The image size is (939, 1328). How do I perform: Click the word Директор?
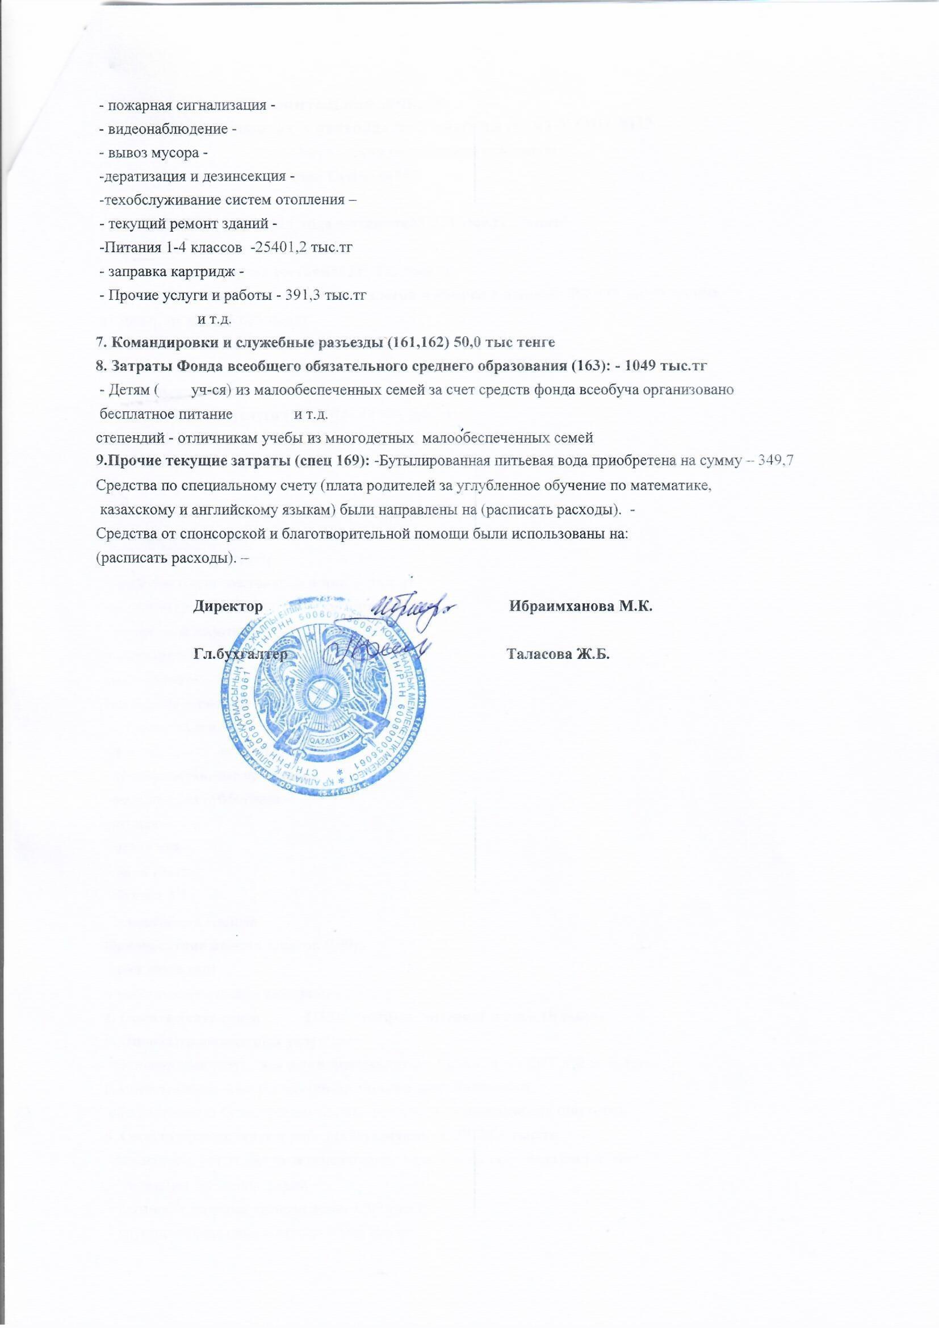coord(228,607)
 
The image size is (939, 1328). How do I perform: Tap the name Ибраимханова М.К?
coord(581,607)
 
